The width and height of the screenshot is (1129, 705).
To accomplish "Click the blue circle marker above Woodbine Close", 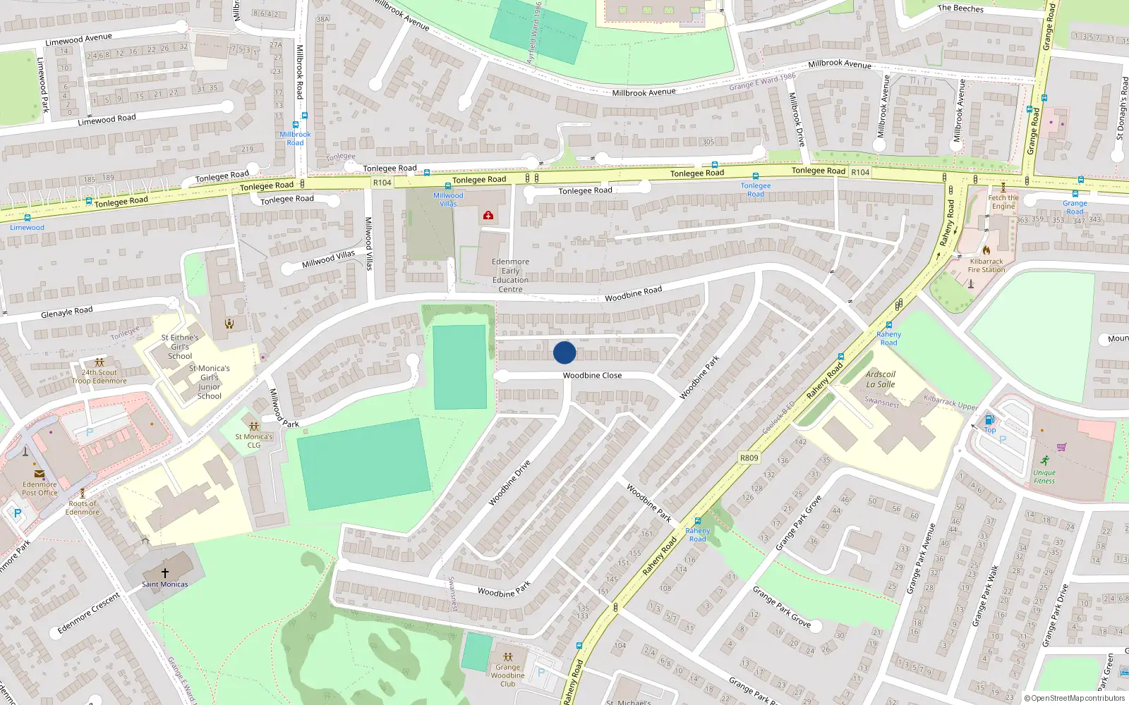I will coord(564,352).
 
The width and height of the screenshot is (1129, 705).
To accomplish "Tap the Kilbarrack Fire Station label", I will coord(986,265).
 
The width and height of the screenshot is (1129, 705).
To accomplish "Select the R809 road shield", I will coord(749,458).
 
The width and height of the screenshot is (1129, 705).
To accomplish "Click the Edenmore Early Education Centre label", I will coord(510,275).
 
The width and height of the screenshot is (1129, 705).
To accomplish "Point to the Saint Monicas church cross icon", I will coord(165,573).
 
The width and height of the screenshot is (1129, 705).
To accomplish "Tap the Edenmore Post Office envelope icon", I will coord(40,474).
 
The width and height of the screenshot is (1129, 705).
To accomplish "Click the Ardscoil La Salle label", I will coord(881,379).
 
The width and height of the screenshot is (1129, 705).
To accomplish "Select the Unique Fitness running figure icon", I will coord(1044,460).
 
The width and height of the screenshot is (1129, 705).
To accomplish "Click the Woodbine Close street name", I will coord(592,376).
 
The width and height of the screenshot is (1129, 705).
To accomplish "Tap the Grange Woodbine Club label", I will coord(507,675).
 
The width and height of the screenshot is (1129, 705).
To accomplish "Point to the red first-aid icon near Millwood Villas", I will coord(488,215).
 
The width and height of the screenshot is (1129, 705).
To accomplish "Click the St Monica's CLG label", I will coord(254,441).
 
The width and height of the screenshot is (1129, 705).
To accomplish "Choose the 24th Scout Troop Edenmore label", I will coord(99,376).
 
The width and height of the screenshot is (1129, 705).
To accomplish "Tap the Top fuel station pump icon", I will coord(989,420).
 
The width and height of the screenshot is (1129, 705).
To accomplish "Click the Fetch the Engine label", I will coord(1003,202).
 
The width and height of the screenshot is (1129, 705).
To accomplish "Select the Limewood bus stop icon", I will coord(28,219).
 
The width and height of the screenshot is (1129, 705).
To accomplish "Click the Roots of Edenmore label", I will coord(83,508).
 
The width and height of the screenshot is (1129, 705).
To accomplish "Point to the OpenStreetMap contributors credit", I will coord(1075,698).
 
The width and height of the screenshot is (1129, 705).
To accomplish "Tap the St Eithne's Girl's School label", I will coord(180,347).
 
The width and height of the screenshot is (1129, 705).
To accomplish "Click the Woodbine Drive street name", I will coord(509,483).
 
